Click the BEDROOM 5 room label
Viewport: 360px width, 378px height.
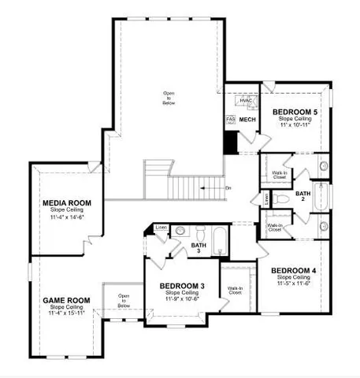(x=295, y=113)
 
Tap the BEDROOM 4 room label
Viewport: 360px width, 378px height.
(x=293, y=271)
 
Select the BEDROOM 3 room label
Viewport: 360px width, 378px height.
(x=182, y=285)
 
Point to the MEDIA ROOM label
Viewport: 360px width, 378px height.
(x=66, y=203)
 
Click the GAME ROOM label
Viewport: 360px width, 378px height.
(x=65, y=300)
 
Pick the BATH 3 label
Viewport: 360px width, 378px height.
(x=198, y=247)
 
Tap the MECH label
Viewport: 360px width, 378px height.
(x=248, y=120)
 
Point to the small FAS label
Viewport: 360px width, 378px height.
(x=231, y=120)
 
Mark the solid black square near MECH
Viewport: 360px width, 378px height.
(x=231, y=143)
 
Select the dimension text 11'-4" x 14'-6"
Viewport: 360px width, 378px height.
(x=66, y=216)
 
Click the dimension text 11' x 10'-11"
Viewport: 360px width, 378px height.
(x=295, y=126)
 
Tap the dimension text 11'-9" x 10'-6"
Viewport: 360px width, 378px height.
(x=182, y=298)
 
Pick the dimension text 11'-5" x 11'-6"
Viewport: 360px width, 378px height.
(x=293, y=283)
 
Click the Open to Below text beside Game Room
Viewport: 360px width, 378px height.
(x=124, y=300)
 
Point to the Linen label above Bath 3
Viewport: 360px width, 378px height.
(x=161, y=228)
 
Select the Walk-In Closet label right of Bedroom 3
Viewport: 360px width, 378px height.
(x=235, y=291)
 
